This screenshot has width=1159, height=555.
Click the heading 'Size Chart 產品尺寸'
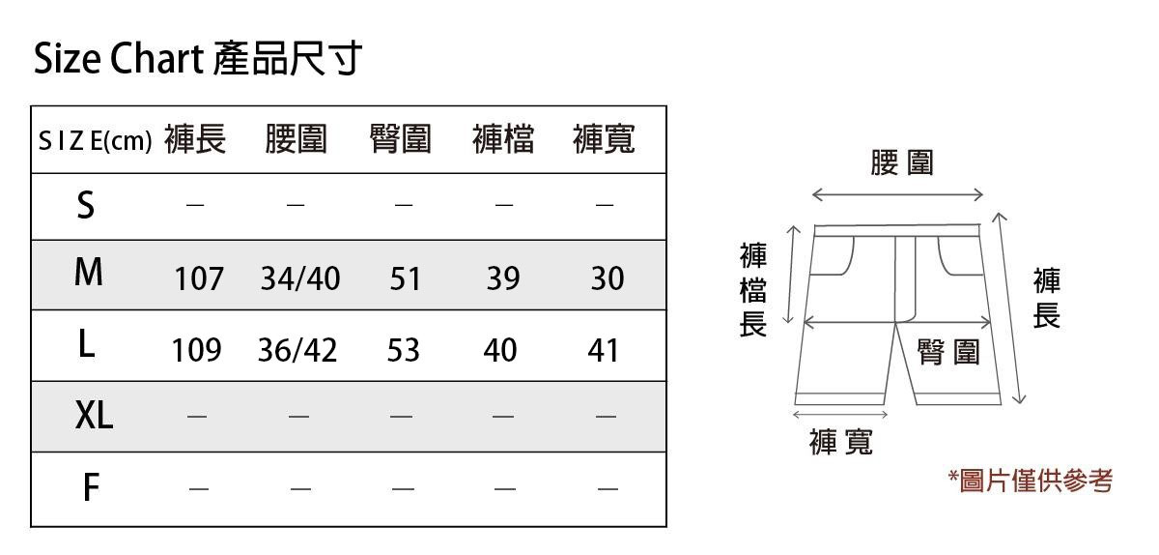tap(197, 60)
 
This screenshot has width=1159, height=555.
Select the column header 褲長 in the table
tap(195, 140)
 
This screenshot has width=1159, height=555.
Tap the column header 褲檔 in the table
tap(502, 140)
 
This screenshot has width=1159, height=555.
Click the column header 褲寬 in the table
tap(604, 140)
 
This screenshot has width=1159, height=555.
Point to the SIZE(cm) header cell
tap(95, 141)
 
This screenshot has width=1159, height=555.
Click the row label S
tap(86, 205)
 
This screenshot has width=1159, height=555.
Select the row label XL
tap(94, 416)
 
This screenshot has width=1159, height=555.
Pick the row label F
tap(90, 487)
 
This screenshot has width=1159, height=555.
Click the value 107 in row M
tap(199, 279)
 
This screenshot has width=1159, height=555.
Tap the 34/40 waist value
tap(300, 279)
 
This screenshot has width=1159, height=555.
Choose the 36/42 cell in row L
tap(297, 350)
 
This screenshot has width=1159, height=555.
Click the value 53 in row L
tap(403, 350)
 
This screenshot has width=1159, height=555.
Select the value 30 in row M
tap(608, 279)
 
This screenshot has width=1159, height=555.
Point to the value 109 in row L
tap(196, 350)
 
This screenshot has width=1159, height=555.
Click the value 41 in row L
tap(604, 350)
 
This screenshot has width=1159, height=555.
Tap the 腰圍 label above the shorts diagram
tap(902, 162)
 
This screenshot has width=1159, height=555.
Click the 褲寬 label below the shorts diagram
tap(841, 443)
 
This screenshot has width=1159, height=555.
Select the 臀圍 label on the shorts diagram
tap(948, 352)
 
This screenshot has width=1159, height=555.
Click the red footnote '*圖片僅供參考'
tap(1031, 481)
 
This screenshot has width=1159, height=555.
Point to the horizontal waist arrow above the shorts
tap(897, 195)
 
